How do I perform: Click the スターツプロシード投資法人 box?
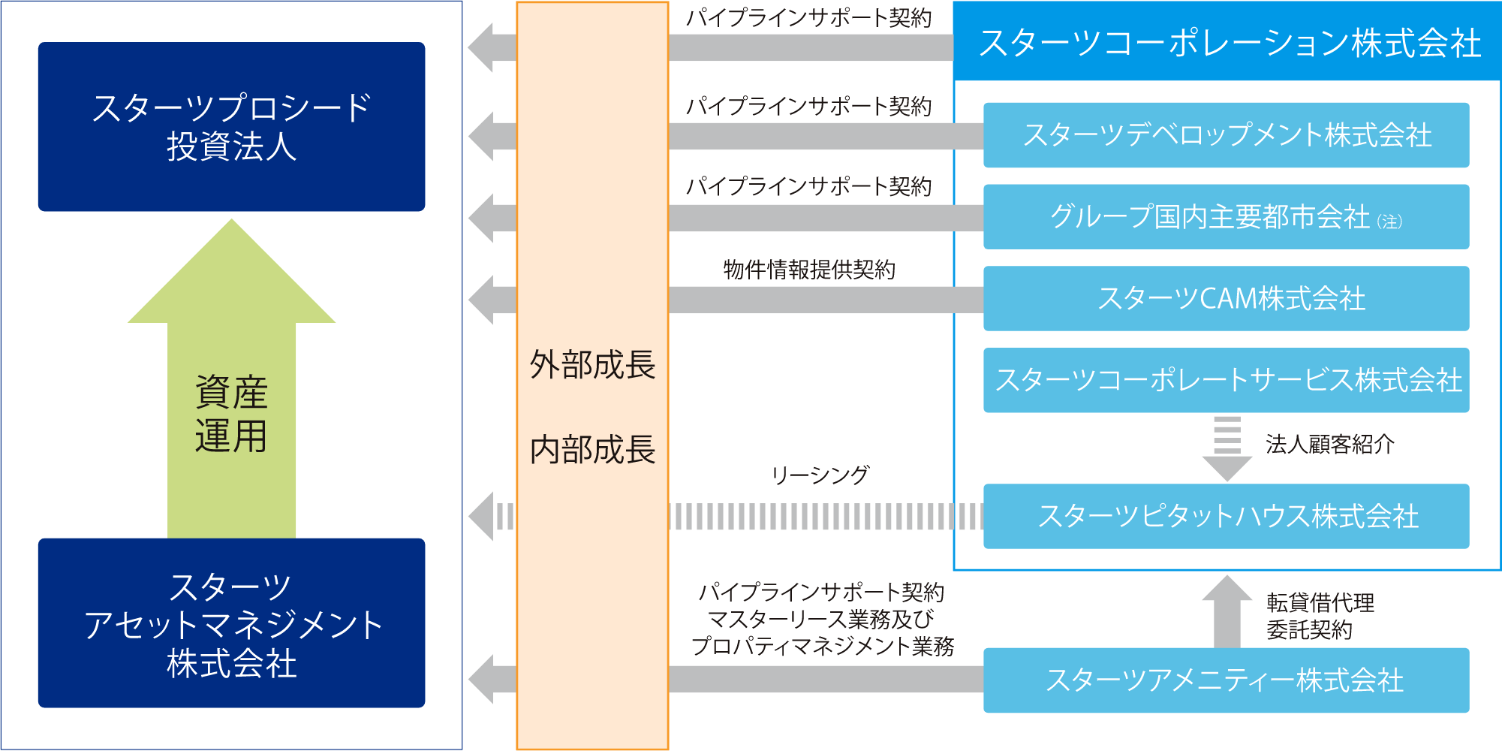(231, 126)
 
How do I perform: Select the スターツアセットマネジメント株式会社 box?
(231, 623)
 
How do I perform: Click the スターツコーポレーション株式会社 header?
(1228, 42)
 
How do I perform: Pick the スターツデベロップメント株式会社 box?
(1226, 135)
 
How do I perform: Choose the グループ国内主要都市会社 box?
(1226, 217)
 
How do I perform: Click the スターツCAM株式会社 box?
(1226, 299)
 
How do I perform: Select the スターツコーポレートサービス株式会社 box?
(1226, 380)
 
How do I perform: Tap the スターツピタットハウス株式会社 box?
(1226, 517)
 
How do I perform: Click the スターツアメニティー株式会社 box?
(1226, 680)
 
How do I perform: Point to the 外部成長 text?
(592, 365)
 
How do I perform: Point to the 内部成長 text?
(592, 450)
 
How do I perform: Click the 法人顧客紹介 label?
(1329, 445)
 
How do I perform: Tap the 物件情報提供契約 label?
(809, 270)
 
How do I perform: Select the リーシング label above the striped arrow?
(820, 475)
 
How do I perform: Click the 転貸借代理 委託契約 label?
(1320, 616)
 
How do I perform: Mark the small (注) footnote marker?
(1389, 222)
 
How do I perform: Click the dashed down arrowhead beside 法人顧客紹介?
(1227, 467)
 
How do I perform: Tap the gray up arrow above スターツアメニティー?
(1227, 610)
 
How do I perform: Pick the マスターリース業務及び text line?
(821, 620)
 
